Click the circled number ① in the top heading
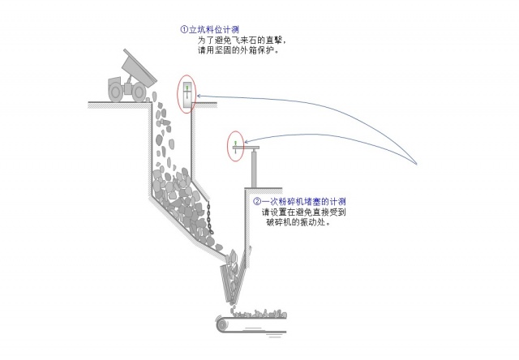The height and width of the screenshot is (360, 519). (x=183, y=29)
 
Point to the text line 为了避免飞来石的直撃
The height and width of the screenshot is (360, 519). (x=242, y=40)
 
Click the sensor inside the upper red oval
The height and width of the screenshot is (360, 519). (x=187, y=90)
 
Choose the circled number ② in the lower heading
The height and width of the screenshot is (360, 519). (x=257, y=200)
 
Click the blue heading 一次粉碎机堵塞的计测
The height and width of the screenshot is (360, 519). (x=304, y=200)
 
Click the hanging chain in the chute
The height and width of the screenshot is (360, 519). (x=209, y=219)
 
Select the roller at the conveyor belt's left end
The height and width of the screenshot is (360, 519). (x=221, y=323)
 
